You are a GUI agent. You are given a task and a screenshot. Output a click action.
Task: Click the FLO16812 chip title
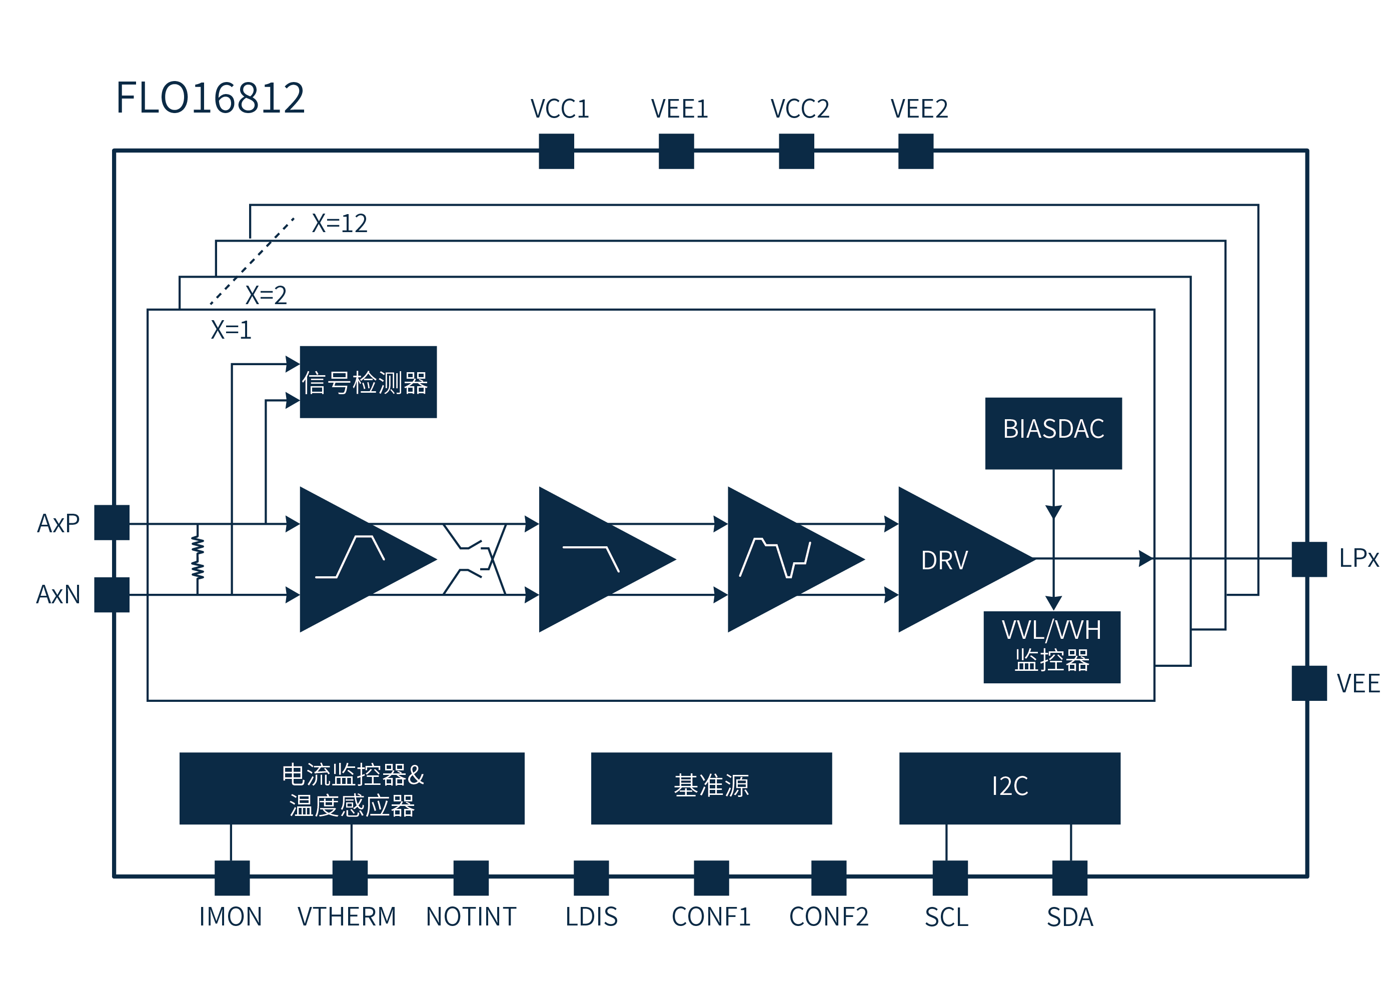(210, 98)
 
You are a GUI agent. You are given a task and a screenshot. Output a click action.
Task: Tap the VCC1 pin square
(556, 151)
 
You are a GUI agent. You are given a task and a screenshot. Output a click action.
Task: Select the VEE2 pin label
(919, 109)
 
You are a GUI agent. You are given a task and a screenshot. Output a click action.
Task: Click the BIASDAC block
(1053, 433)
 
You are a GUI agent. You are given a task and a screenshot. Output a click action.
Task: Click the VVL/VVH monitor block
(1051, 646)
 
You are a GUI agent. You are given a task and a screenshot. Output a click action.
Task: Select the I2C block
(1009, 788)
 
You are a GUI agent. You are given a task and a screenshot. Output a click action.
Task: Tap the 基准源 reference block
(711, 788)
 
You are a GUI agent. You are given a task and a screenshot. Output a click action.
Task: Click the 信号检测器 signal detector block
(368, 382)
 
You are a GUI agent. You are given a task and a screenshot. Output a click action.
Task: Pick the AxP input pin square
(112, 522)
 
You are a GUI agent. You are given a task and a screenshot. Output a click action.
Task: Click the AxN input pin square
(112, 594)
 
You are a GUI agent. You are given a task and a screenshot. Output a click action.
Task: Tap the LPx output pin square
(1308, 559)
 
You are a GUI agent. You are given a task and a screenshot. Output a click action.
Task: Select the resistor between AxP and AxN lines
(198, 558)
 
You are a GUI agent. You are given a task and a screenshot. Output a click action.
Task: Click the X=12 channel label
(339, 223)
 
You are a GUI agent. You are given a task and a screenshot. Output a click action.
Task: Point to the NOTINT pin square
(471, 877)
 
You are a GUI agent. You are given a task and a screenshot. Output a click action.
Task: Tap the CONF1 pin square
(711, 877)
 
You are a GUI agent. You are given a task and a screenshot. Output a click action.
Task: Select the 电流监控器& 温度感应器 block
(352, 788)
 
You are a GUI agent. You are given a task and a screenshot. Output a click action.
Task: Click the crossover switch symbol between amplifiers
(475, 559)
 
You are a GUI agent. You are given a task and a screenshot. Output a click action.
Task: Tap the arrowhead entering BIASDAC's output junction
(1053, 513)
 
